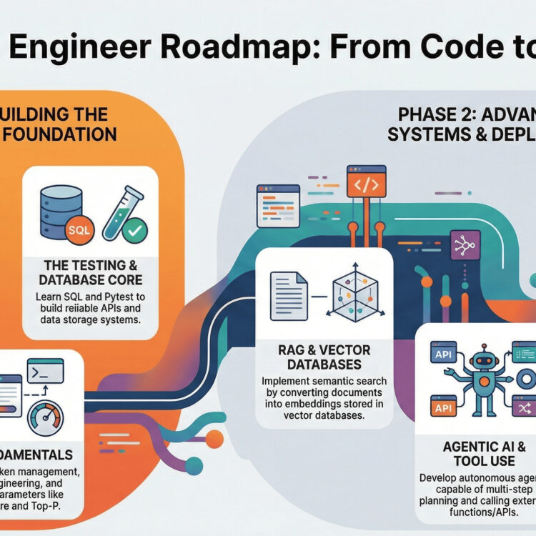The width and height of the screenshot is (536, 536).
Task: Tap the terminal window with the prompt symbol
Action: [x=44, y=372]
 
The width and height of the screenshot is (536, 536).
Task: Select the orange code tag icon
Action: [x=366, y=184]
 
